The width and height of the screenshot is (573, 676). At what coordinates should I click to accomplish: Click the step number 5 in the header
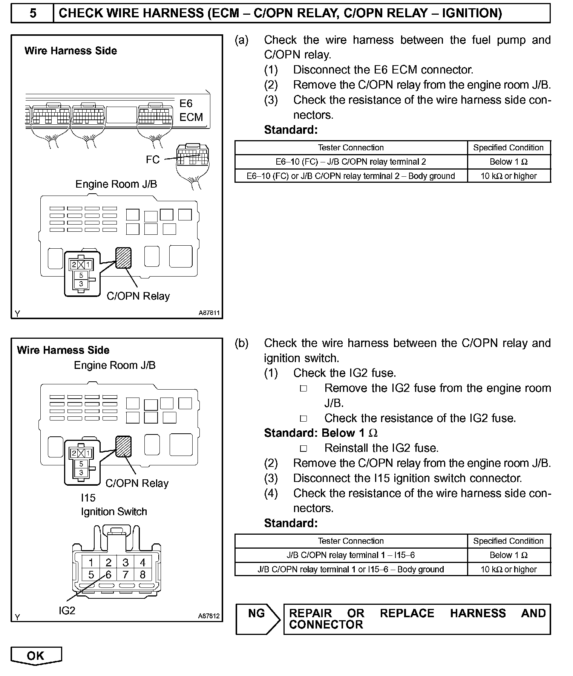33,14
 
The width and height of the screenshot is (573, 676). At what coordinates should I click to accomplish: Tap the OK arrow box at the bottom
36,656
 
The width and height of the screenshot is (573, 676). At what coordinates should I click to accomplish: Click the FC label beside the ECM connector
153,160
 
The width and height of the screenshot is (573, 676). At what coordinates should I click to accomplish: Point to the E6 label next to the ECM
186,104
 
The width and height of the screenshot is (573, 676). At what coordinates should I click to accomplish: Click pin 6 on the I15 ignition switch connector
109,575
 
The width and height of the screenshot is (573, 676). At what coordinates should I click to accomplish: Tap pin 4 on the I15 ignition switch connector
142,563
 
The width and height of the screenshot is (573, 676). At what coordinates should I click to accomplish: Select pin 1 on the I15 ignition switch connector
91,563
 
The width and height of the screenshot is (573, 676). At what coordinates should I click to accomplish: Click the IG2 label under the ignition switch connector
67,610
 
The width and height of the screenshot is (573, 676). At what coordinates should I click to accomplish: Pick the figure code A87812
208,616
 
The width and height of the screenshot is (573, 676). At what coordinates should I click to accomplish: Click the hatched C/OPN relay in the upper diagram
123,258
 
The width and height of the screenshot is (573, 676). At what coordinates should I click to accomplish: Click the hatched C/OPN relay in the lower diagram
123,446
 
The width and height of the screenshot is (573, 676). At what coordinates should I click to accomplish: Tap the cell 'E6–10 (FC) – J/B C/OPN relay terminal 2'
351,162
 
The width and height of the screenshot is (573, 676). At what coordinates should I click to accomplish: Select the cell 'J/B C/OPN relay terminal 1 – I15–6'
351,555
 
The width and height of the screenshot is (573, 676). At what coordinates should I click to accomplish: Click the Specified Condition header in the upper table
508,148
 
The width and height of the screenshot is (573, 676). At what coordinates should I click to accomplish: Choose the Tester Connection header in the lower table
351,541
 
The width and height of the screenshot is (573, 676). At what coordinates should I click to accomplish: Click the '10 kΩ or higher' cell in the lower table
508,569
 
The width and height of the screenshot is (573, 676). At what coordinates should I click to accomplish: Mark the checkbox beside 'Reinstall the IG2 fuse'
303,448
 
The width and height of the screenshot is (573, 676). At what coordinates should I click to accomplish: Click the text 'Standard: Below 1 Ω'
320,433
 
